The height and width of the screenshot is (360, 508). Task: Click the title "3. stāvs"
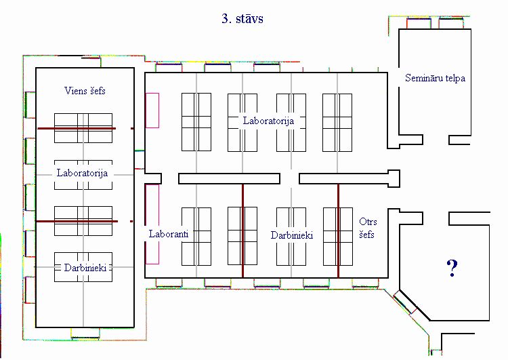[242, 18]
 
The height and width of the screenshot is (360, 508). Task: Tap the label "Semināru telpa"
[435, 78]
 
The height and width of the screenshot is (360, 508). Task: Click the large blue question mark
[452, 268]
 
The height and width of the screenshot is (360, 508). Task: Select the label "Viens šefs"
[85, 90]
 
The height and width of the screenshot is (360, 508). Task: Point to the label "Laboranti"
[169, 233]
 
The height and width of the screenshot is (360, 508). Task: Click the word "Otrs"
[368, 222]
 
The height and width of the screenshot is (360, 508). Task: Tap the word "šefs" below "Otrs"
[366, 234]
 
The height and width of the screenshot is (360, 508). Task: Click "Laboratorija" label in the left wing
[82, 173]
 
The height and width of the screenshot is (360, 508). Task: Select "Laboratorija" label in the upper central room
[269, 121]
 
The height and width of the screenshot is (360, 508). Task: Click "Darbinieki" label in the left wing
[85, 268]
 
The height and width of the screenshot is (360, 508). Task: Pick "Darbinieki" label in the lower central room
[292, 235]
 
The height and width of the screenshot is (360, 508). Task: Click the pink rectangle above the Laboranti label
[152, 111]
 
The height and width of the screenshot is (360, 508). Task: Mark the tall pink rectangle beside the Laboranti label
[152, 224]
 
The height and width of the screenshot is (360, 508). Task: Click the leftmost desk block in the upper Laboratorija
[196, 122]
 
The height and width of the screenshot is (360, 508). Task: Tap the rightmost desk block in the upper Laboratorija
[337, 123]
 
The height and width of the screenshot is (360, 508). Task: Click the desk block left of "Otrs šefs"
[338, 237]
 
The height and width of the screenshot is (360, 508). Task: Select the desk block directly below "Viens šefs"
[83, 128]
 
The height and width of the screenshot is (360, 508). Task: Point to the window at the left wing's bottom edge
[85, 334]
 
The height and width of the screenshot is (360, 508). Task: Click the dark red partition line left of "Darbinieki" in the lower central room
[242, 231]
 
